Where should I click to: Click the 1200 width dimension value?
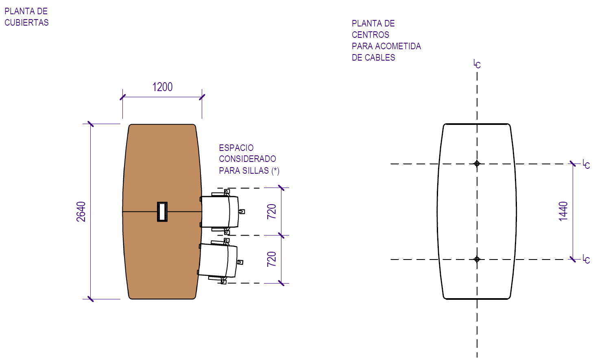coord(162,87)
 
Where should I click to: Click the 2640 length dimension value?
coord(81,212)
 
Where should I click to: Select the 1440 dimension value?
coord(563,212)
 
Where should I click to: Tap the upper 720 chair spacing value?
coord(272,212)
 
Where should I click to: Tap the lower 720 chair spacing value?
coord(272,259)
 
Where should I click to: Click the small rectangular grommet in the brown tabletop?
coord(162,212)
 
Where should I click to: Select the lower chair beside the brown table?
coord(218,260)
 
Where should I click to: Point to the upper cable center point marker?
coord(477,164)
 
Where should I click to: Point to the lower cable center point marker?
coord(477,259)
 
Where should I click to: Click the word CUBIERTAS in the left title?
coord(26,23)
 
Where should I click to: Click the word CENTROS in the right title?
coord(370,35)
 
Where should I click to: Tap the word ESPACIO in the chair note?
coord(236,148)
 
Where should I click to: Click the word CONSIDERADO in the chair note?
coord(247,159)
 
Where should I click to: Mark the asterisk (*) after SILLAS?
coord(275,171)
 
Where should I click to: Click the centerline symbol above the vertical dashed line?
coord(477,64)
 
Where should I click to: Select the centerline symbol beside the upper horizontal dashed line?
coord(586,164)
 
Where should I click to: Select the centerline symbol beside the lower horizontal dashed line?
coord(586,259)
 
